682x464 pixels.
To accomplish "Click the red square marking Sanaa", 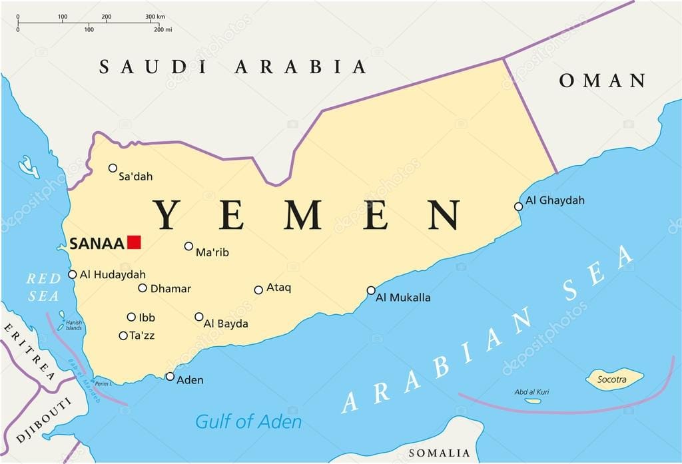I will pyautogui.click(x=135, y=242).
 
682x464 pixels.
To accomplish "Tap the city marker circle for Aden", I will pyautogui.click(x=170, y=377).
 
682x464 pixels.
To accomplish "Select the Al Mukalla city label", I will pyautogui.click(x=403, y=298).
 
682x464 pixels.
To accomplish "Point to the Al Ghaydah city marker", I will pyautogui.click(x=519, y=206).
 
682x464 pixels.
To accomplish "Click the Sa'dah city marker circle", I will pyautogui.click(x=113, y=168).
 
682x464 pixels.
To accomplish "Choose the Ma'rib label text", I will pyautogui.click(x=212, y=252).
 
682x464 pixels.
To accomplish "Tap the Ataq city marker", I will pyautogui.click(x=258, y=290).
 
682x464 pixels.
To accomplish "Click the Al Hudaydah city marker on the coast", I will pyautogui.click(x=73, y=274).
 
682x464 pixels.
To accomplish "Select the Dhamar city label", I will pyautogui.click(x=170, y=289).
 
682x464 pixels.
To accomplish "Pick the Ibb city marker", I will pyautogui.click(x=131, y=317).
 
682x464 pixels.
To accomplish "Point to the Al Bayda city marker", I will pyautogui.click(x=199, y=317).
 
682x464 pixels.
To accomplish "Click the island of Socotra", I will pyautogui.click(x=614, y=379).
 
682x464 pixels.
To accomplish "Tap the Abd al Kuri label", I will pyautogui.click(x=531, y=392).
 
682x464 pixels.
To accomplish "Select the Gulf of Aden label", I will pyautogui.click(x=248, y=421).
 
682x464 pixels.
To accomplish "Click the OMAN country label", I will pyautogui.click(x=602, y=81).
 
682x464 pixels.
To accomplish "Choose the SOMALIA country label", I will pyautogui.click(x=438, y=453).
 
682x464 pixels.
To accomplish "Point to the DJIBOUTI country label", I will pyautogui.click(x=44, y=421).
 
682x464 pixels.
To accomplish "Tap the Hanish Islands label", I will pyautogui.click(x=73, y=326).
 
